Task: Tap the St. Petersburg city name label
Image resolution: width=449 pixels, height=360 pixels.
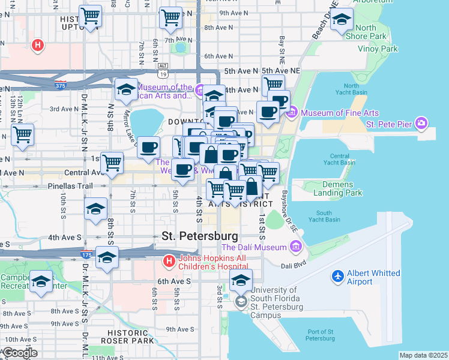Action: tap(200, 236)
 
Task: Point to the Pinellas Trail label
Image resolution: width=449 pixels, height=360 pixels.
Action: tap(70, 186)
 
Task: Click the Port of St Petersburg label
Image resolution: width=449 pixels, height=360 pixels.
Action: tap(312, 335)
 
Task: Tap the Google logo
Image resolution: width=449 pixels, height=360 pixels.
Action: tap(20, 353)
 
